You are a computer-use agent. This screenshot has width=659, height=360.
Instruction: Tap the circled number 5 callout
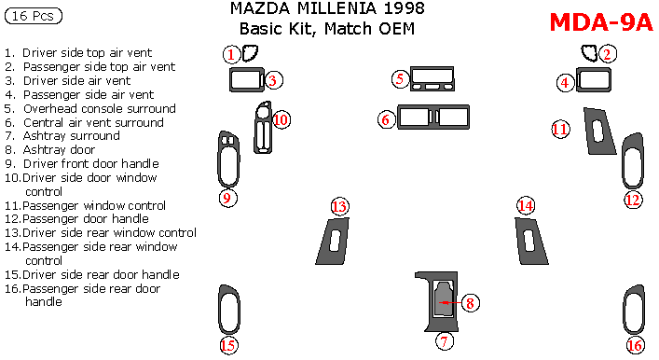[400, 78]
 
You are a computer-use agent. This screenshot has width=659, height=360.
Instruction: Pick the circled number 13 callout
[339, 206]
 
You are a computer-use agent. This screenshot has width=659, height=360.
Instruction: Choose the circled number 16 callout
[635, 346]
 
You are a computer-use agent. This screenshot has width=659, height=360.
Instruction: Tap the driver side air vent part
[246, 82]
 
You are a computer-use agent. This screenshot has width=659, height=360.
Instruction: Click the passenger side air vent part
[592, 82]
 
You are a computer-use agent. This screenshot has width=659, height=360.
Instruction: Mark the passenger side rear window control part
[529, 242]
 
